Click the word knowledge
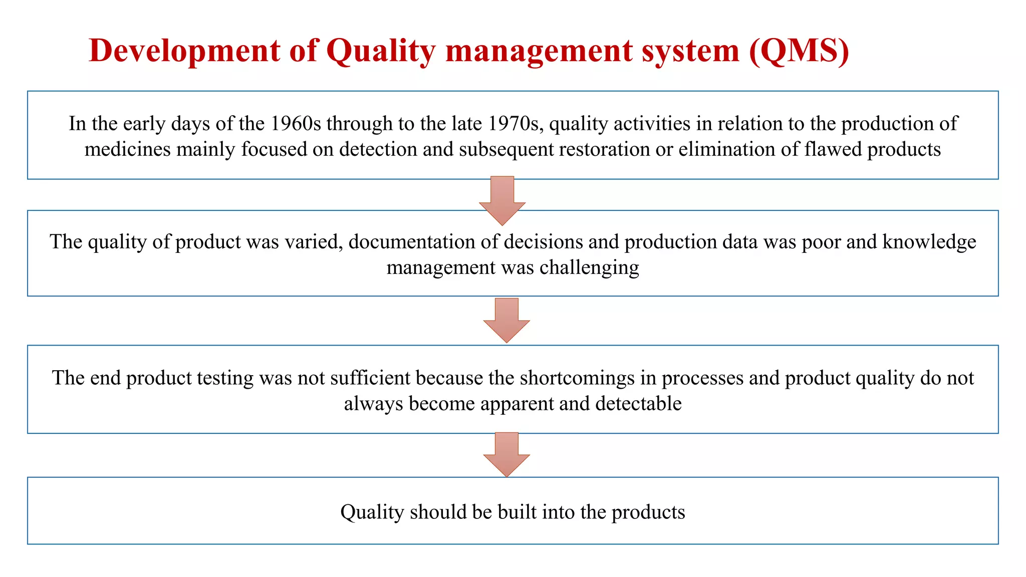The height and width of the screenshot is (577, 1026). [929, 242]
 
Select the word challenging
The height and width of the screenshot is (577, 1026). [589, 268]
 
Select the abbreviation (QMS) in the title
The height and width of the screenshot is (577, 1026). [799, 51]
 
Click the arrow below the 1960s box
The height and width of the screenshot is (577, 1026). [502, 200]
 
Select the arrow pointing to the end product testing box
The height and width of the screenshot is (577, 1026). [506, 320]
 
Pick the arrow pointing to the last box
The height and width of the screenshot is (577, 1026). [506, 454]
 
